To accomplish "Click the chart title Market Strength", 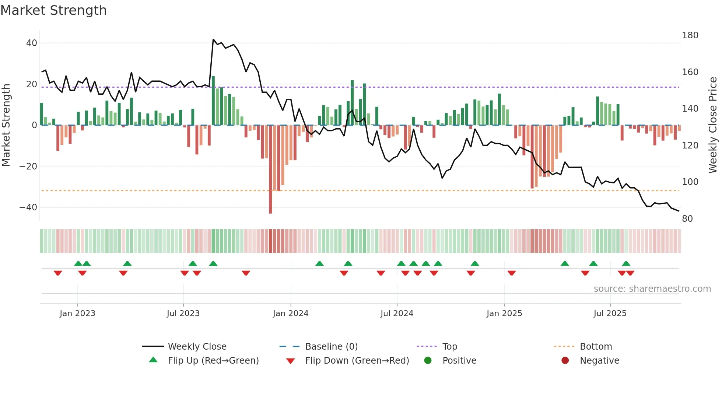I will [53, 10].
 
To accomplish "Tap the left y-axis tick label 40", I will [32, 43].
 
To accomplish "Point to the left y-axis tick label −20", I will [28, 167].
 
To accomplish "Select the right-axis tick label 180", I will [690, 35].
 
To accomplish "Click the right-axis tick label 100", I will [690, 182].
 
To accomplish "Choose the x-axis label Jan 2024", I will [291, 314].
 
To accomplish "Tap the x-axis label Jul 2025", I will [610, 314].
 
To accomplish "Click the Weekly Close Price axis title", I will [713, 125].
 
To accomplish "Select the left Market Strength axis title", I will [6, 125].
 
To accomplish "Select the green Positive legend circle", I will [428, 361].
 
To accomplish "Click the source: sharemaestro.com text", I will [652, 289].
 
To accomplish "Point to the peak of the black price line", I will [213, 39].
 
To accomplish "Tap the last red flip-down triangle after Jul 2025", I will [630, 273].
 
